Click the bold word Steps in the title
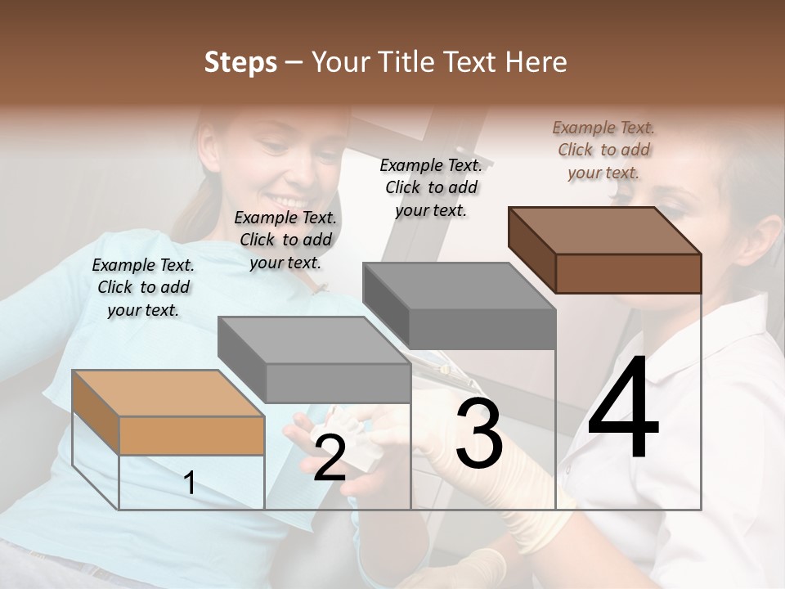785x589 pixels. pos(240,63)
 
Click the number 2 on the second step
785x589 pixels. pos(330,458)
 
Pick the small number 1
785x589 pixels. pos(190,483)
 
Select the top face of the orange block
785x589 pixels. pos(168,393)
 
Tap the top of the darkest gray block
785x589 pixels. pos(458,286)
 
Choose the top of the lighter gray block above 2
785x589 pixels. pos(313,339)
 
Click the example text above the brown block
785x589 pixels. pos(603,150)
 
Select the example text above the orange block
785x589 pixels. pos(143,287)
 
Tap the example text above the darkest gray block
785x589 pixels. pos(431,187)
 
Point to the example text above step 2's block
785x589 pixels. pos(285,240)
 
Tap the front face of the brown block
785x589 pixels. pos(628,273)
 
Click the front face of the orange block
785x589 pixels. pos(191,435)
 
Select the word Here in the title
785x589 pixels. pos(536,63)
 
